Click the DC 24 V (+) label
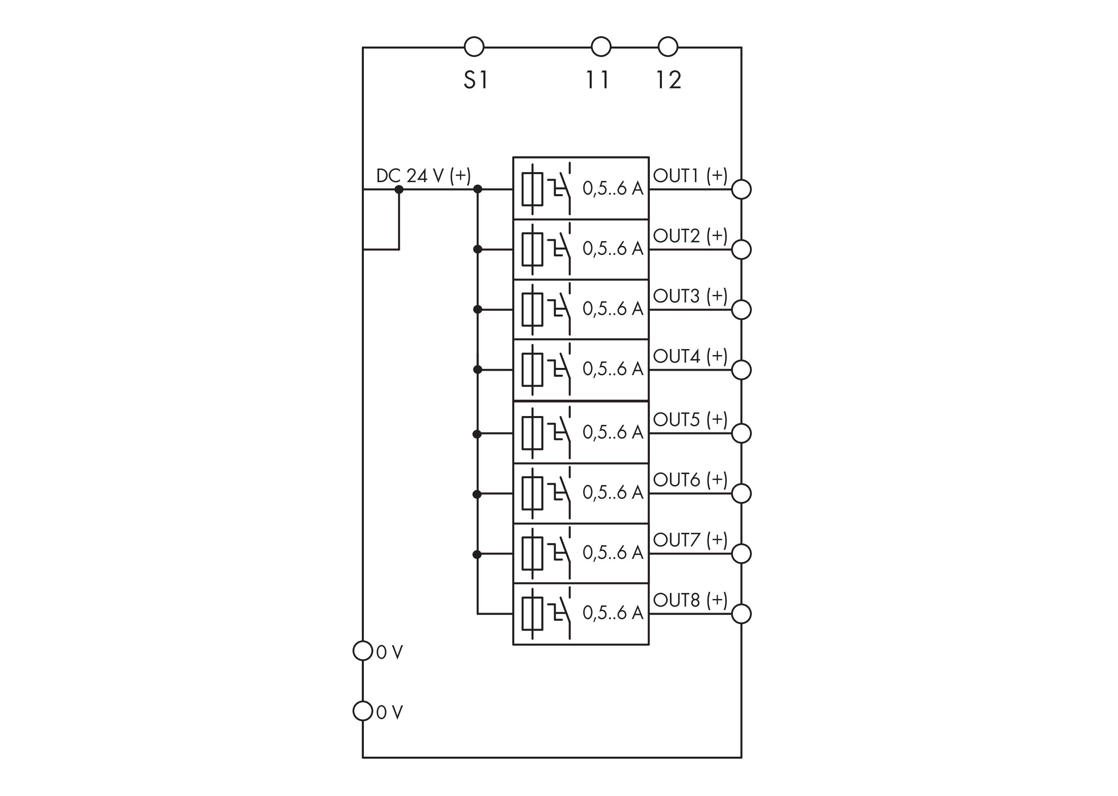pos(423,175)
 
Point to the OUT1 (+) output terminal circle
pos(741,189)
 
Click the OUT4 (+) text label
pos(690,356)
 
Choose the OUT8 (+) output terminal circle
pos(741,614)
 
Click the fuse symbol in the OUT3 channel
pos(532,310)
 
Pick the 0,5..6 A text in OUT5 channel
pos(613,433)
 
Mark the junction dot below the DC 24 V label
pos(399,189)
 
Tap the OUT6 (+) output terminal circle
pos(741,493)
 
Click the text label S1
pos(475,80)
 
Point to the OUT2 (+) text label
pos(690,236)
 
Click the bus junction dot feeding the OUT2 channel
pos(477,250)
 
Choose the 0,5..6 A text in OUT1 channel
pos(613,188)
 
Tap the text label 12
pos(669,80)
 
